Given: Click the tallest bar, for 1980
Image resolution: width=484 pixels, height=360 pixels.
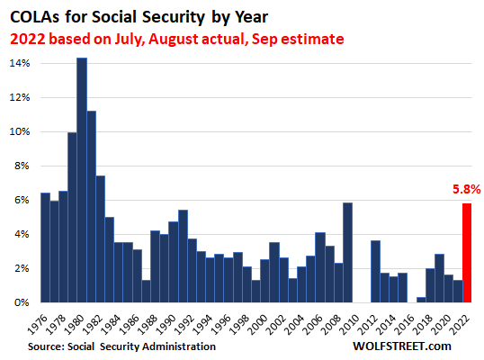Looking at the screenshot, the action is coord(82,180).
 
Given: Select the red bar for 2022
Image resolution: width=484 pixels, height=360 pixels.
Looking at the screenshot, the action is coord(467,253).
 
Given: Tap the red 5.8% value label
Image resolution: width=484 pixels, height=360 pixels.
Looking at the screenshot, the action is coord(466,189).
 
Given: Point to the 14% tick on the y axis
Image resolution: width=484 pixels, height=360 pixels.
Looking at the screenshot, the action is coord(20,63).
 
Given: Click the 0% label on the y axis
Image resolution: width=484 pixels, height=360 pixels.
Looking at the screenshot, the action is coord(22,302).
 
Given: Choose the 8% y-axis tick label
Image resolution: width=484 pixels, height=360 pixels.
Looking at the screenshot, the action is coord(22,166).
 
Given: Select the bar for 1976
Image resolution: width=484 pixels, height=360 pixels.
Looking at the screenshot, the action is coord(45,247).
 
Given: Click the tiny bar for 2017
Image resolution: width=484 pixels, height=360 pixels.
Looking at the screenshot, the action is coord(421,300).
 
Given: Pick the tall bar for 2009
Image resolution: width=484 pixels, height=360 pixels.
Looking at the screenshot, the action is coord(347,253).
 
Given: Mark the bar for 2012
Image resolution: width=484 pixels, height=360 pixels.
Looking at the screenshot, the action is coord(375,272).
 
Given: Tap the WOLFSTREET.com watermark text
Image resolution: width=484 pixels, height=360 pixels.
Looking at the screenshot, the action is coord(402,346).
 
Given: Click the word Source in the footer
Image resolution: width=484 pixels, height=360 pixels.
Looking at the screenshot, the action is coord(46,346).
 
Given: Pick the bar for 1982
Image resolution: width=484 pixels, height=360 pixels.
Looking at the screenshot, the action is coord(101,239).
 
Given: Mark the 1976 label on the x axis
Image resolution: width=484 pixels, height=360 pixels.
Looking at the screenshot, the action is coord(38,325).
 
